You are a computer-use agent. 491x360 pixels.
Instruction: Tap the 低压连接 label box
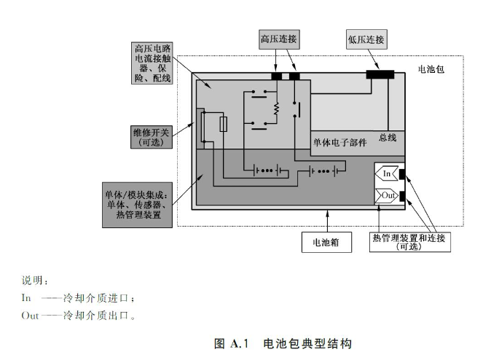tap(366, 39)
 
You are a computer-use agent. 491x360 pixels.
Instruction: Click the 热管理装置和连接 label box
tap(413, 242)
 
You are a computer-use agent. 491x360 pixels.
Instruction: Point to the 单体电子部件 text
tap(339, 142)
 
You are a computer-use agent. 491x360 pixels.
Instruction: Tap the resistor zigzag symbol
tap(277, 109)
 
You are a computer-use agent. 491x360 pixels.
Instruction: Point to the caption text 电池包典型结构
tap(307, 343)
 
